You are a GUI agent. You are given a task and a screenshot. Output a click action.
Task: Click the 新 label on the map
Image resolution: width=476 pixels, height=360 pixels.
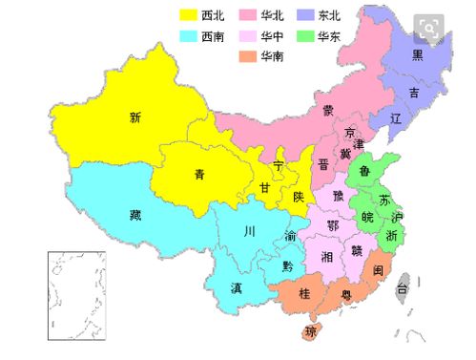pyautogui.click(x=135, y=118)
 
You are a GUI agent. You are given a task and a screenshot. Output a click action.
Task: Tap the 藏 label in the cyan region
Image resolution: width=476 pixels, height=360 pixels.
pyautogui.click(x=135, y=214)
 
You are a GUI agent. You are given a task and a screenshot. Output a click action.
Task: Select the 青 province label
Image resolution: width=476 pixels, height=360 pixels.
pyautogui.click(x=198, y=175)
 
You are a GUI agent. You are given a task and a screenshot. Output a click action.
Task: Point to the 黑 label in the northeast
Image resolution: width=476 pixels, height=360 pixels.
pyautogui.click(x=417, y=54)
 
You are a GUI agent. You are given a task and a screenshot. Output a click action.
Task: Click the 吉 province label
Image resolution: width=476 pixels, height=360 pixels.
pyautogui.click(x=413, y=93)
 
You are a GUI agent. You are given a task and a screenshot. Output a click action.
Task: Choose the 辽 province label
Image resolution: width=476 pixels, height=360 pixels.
pyautogui.click(x=396, y=119)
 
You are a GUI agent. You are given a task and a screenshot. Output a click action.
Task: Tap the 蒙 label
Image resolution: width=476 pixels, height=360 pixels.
pyautogui.click(x=327, y=110)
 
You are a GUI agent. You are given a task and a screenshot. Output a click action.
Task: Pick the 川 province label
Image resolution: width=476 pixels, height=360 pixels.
pyautogui.click(x=249, y=231)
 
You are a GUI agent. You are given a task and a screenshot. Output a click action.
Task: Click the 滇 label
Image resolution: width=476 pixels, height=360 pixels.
pyautogui.click(x=236, y=287)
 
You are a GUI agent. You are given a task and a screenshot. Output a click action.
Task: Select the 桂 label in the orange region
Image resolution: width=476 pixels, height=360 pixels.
pyautogui.click(x=305, y=293)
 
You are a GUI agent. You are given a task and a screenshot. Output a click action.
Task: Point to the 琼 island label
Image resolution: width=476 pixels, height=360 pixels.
pyautogui.click(x=310, y=332)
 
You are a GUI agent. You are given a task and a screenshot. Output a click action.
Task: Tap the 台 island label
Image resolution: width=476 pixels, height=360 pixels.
pyautogui.click(x=403, y=286)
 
